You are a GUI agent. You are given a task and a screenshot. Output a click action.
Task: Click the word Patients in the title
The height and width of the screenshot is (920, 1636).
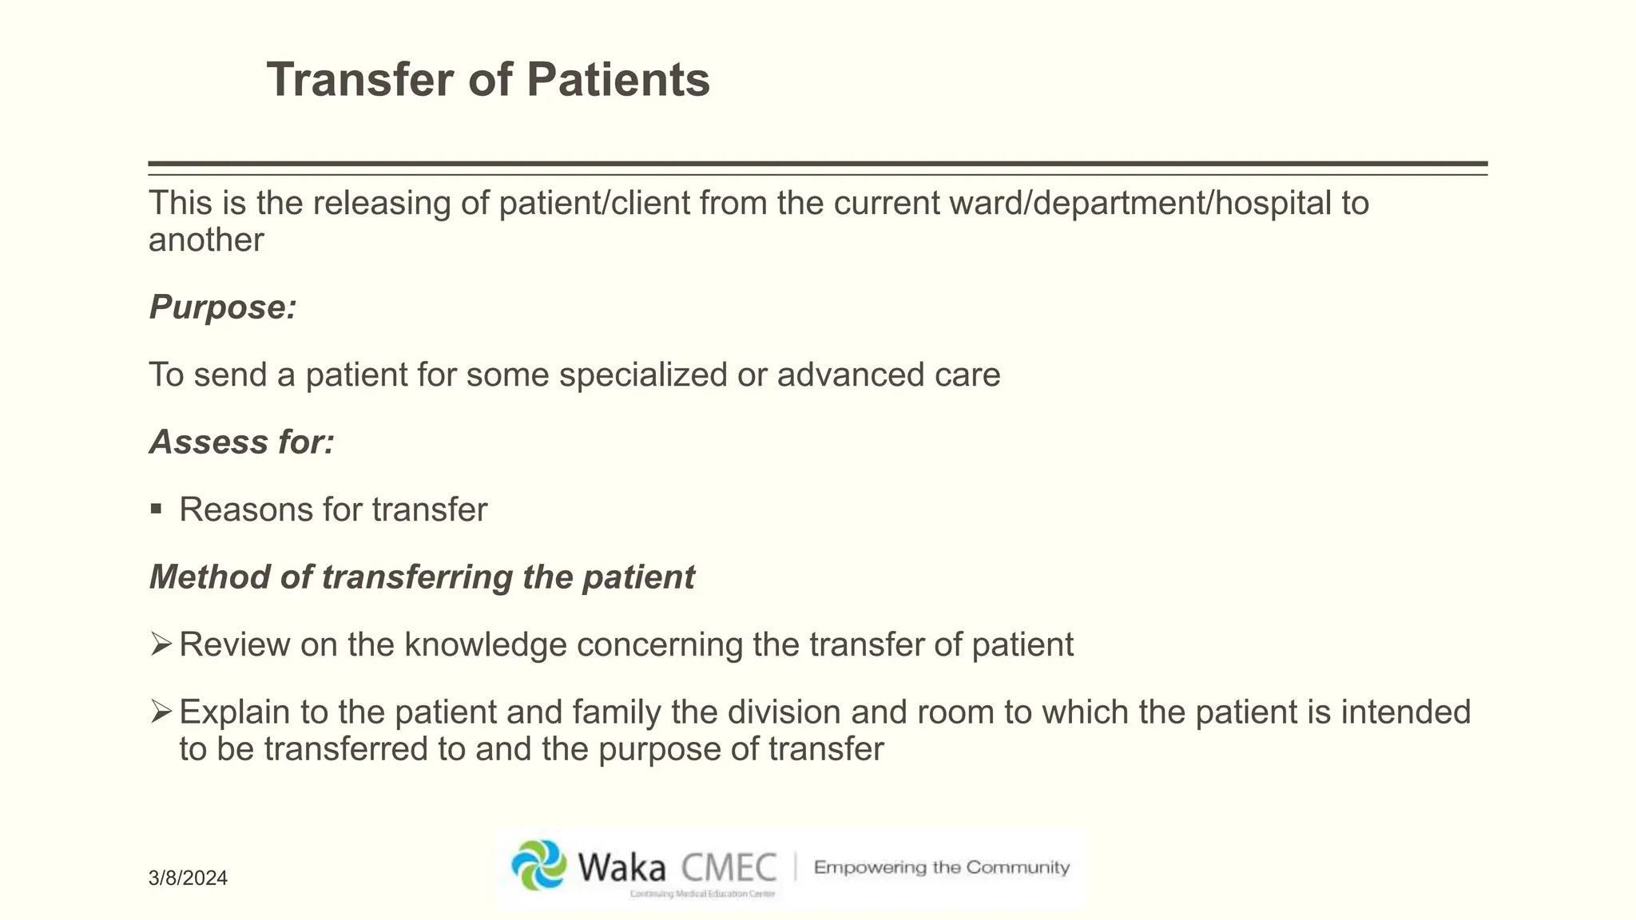[617, 80]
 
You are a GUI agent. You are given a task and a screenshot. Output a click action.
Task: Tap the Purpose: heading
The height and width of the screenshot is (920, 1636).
[223, 307]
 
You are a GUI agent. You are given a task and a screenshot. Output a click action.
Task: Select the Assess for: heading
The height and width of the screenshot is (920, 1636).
[242, 442]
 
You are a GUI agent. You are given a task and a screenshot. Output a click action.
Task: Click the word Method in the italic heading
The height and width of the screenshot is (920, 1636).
[209, 577]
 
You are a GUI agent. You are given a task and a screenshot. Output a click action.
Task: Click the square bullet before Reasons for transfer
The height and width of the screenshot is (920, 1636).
[157, 510]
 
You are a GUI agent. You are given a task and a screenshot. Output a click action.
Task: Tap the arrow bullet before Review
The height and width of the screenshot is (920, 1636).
[161, 644]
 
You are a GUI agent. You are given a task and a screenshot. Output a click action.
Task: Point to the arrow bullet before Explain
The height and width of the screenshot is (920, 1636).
[161, 711]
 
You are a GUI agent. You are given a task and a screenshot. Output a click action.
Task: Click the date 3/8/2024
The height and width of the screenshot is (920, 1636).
[188, 878]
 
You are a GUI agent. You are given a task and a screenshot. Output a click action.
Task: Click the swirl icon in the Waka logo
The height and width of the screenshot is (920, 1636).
[539, 865]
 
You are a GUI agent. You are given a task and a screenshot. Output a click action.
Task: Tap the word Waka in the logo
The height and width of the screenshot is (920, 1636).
[621, 868]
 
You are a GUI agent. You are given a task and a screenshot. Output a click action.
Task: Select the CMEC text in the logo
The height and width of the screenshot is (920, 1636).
[729, 868]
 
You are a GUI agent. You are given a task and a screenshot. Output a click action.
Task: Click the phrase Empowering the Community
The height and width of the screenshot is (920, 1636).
[941, 867]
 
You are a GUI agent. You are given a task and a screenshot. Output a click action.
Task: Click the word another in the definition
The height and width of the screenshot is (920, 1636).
[206, 240]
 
